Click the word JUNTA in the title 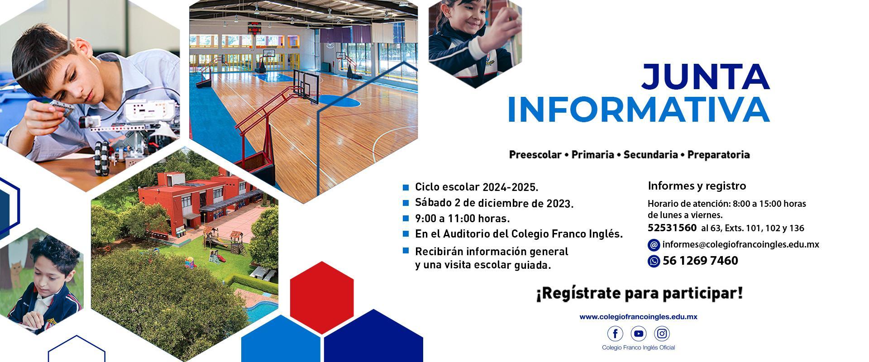[705, 77]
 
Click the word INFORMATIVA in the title [639, 110]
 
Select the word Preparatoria [719, 155]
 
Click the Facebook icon [615, 334]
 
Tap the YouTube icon [639, 334]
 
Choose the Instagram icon [662, 334]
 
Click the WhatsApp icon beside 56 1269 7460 [654, 261]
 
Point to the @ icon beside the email [654, 245]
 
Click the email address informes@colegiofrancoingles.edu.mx [741, 244]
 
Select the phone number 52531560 [672, 228]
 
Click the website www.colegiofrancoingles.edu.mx [638, 317]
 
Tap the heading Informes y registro [697, 186]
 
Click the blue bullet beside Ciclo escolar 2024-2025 [406, 187]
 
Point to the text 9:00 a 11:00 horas [463, 219]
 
